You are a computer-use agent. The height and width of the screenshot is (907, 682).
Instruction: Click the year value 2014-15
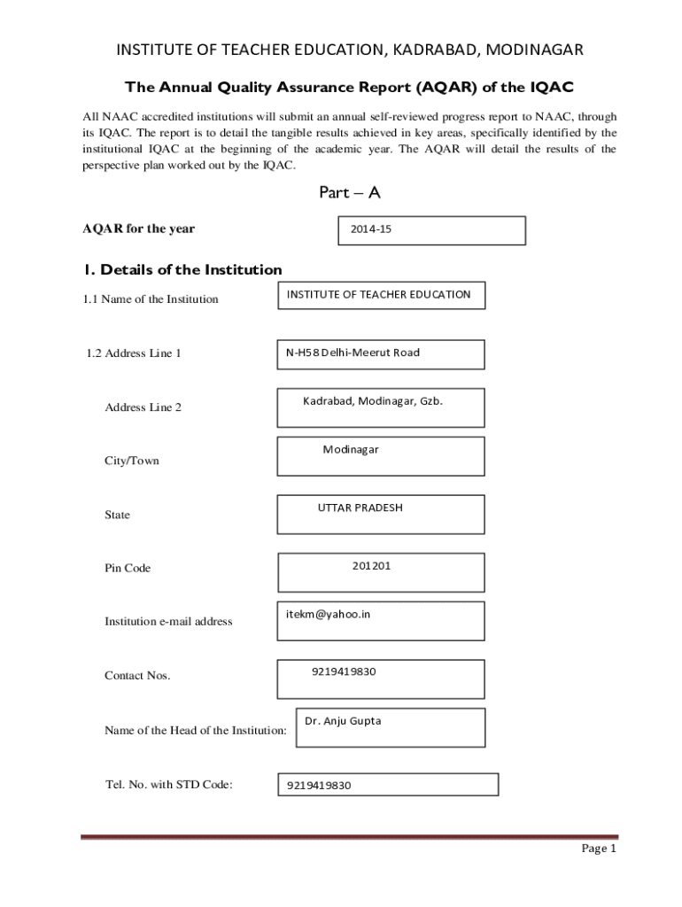click(x=370, y=229)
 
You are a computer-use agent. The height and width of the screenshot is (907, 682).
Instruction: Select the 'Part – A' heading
click(x=349, y=193)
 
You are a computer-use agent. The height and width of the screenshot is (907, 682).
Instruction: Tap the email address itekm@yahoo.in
click(x=328, y=614)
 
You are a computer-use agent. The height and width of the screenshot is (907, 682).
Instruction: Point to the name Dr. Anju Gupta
click(x=343, y=721)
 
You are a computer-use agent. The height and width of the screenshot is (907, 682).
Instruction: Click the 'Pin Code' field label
click(x=128, y=569)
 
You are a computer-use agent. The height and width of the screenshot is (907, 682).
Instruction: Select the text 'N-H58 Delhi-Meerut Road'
click(x=353, y=353)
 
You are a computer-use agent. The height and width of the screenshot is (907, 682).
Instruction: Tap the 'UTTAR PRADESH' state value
click(x=360, y=508)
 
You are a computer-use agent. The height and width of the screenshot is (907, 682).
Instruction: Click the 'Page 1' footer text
click(x=598, y=849)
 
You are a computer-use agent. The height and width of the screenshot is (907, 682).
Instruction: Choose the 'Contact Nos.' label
click(x=137, y=676)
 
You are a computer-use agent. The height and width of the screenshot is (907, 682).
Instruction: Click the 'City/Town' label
click(x=132, y=461)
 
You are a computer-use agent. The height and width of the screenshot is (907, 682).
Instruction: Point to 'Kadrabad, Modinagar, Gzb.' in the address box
click(x=372, y=401)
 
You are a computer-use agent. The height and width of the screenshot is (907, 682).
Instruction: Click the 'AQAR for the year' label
click(x=139, y=229)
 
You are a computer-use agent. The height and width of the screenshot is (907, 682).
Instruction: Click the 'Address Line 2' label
click(x=143, y=407)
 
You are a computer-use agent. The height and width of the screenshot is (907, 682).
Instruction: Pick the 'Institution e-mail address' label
click(x=168, y=622)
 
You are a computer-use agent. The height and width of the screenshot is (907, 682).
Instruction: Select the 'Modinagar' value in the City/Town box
click(x=350, y=450)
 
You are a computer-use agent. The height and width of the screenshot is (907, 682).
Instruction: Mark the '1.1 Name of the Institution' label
click(x=151, y=299)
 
